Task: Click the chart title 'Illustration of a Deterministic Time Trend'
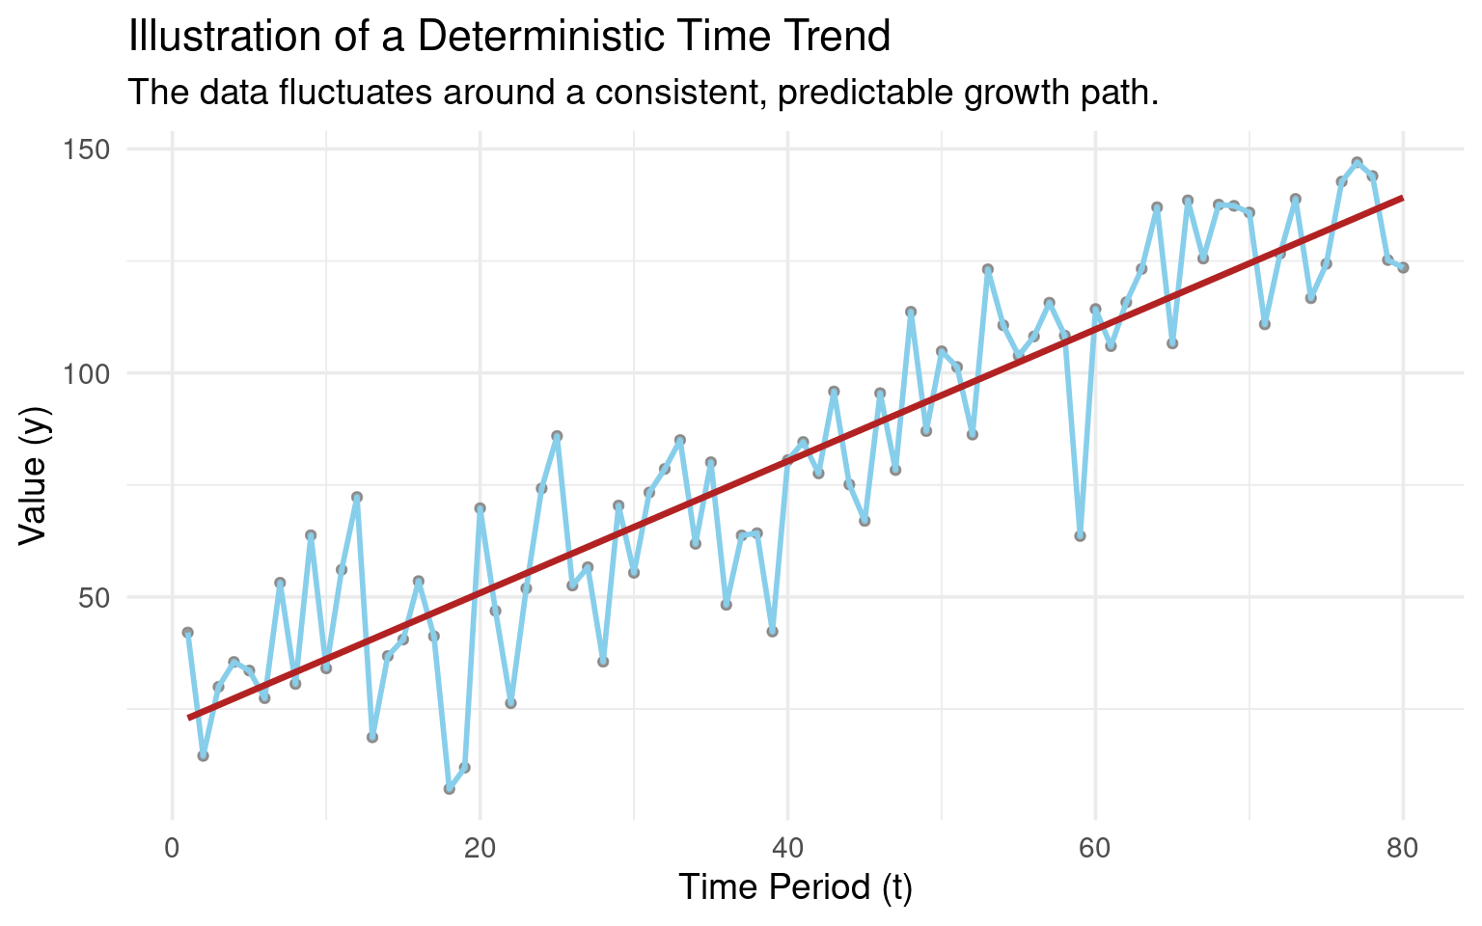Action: [x=508, y=37]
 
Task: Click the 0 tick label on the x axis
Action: [x=173, y=849]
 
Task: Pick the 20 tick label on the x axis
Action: [x=480, y=849]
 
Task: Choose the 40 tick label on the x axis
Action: [x=787, y=849]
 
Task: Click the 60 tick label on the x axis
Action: [x=1095, y=849]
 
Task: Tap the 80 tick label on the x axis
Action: [x=1402, y=849]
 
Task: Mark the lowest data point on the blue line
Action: [x=450, y=789]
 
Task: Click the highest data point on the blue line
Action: [x=1357, y=163]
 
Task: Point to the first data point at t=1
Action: [x=188, y=633]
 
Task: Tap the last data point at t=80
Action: [x=1403, y=267]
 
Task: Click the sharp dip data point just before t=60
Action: [x=1080, y=536]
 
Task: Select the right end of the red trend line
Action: [x=1402, y=198]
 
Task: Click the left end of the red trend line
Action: [x=189, y=718]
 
